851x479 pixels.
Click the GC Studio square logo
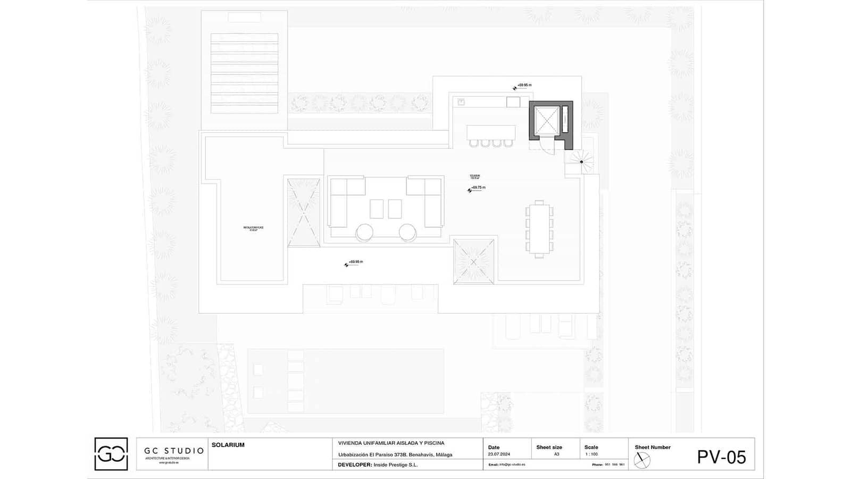(111, 454)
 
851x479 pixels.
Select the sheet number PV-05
(721, 457)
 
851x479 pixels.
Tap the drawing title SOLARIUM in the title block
(228, 445)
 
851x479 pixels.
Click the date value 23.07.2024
(499, 455)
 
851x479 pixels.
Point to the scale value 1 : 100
(591, 455)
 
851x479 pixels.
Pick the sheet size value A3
(556, 455)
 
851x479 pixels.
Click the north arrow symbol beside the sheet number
(643, 460)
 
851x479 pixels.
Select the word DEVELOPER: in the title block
(354, 465)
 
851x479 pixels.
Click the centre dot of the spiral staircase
(581, 162)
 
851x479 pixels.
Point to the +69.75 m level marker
(477, 188)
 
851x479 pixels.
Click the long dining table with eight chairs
(539, 229)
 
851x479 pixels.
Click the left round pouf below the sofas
(365, 233)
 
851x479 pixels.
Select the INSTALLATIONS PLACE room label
(253, 228)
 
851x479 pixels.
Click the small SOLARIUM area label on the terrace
(475, 177)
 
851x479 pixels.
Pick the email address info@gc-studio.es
(512, 465)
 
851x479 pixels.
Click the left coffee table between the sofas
(377, 209)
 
